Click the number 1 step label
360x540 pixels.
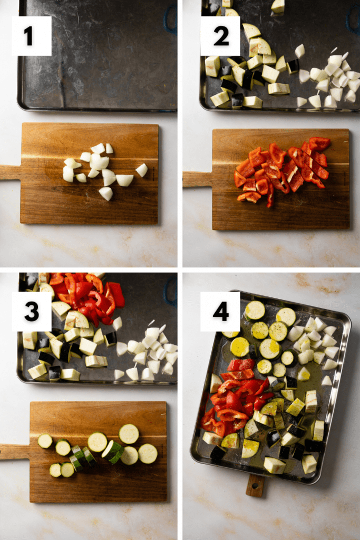point(32,36)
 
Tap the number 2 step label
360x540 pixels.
point(220,36)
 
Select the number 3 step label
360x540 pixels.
point(32,311)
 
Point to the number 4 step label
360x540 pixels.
point(220,311)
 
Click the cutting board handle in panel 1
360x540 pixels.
point(11,172)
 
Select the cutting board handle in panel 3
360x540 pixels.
point(15,451)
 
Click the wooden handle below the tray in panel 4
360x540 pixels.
point(255,486)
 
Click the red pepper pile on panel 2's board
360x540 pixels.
point(282,170)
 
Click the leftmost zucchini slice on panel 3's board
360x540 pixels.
point(45,441)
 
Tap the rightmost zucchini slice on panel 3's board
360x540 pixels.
point(148,454)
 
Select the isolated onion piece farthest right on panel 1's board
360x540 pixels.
point(142,170)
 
